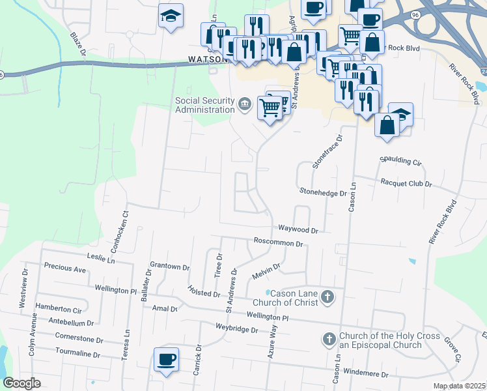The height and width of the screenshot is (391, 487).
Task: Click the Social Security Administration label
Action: [x=204, y=105]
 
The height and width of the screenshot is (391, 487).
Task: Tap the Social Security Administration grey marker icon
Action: [x=245, y=104]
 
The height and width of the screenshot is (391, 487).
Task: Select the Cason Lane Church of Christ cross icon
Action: [x=327, y=297]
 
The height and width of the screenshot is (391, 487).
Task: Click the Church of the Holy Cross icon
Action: [x=329, y=340]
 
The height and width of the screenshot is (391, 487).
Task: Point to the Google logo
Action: [x=22, y=383]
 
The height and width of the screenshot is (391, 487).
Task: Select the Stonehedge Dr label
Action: [x=322, y=192]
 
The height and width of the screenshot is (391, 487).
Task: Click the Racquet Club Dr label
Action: [x=407, y=184]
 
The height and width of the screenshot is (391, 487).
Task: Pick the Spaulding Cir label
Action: [x=400, y=160]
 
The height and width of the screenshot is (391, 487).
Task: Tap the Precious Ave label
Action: [x=64, y=268]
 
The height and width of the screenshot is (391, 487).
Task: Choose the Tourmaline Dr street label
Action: [x=77, y=355]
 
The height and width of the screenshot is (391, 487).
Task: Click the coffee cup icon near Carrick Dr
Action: [x=166, y=359]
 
